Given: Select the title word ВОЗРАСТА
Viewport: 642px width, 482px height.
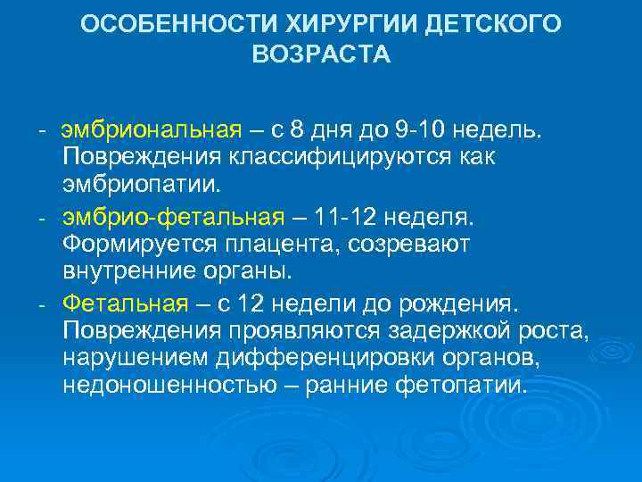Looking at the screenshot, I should click(x=321, y=55).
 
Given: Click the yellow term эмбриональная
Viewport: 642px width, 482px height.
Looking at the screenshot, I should click(x=151, y=131).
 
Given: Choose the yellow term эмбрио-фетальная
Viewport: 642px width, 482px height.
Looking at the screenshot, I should click(x=173, y=217).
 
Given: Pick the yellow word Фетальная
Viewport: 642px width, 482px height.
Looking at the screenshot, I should click(x=125, y=303).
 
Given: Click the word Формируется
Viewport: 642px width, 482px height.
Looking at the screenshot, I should click(x=132, y=245).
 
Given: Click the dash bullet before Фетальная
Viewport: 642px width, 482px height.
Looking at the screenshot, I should click(x=42, y=303).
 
